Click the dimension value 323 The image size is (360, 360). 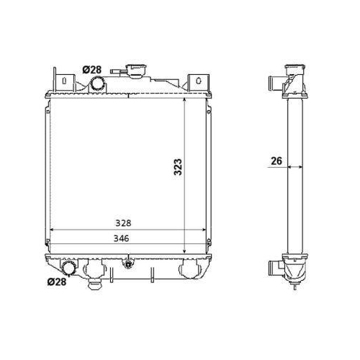click(x=178, y=167)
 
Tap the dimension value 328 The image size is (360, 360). click(x=123, y=223)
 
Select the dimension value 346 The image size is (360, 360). click(x=122, y=238)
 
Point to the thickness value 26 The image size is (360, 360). click(x=276, y=161)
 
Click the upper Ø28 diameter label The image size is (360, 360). click(x=92, y=70)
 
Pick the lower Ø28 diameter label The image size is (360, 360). click(x=57, y=282)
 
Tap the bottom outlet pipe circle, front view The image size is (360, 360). click(x=69, y=268)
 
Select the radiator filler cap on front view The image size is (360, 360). click(x=137, y=71)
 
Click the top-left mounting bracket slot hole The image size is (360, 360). click(x=64, y=81)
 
